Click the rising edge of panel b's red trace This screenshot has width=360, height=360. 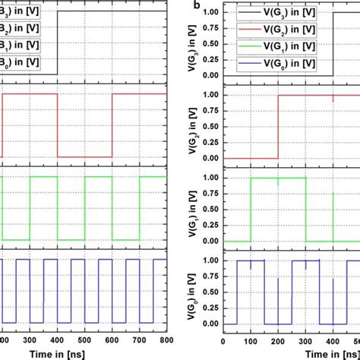coord(278,126)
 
